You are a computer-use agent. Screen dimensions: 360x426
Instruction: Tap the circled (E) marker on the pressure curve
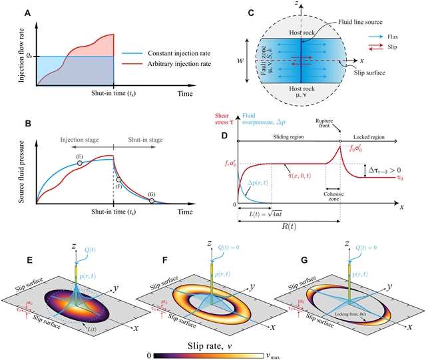point(79,162)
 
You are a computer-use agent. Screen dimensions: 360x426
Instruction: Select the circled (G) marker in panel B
point(152,201)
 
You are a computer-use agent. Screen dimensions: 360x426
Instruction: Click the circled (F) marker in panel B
point(119,179)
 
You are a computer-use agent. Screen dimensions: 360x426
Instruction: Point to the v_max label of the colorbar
point(286,348)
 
